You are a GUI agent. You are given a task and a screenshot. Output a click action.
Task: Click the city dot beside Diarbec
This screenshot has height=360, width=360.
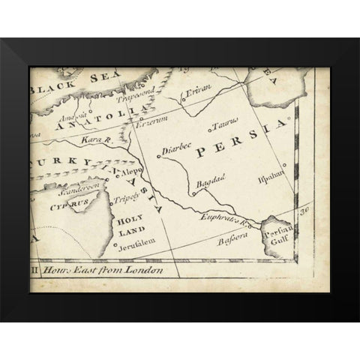pyautogui.click(x=161, y=155)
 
